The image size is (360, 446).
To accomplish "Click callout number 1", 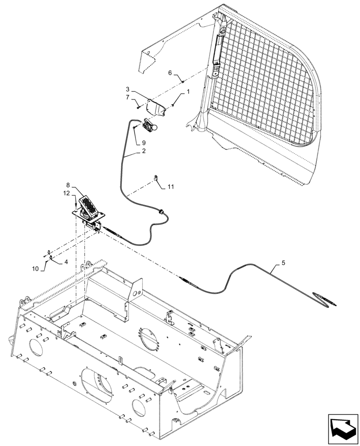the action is pyautogui.click(x=188, y=91).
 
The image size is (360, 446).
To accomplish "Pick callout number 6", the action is pyautogui.click(x=170, y=72).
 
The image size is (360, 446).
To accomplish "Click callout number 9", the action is pyautogui.click(x=143, y=143).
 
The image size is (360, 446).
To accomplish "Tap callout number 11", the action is pyautogui.click(x=171, y=187).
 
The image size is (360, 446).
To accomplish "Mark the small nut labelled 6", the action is pyautogui.click(x=183, y=81).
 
